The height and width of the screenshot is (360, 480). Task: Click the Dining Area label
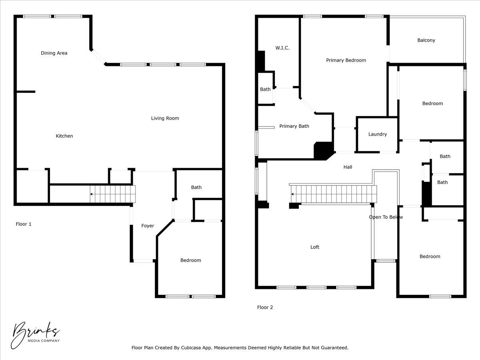point(54,53)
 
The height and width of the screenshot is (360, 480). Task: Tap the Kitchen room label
point(64,136)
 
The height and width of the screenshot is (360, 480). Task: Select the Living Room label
point(165,118)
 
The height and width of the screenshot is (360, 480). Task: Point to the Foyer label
point(148,226)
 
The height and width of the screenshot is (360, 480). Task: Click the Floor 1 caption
point(24,224)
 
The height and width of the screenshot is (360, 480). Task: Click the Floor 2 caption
point(265,308)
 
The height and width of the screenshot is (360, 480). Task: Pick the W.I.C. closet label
point(282,48)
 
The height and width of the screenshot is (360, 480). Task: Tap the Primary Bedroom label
point(346,60)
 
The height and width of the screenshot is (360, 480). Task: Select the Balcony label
point(426,40)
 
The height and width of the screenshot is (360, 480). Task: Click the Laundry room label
point(377,134)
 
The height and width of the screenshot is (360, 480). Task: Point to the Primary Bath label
point(294,126)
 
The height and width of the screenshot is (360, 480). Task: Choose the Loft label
point(315,247)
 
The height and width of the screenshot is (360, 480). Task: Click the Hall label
point(348,167)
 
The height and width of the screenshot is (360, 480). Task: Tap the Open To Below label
point(386,217)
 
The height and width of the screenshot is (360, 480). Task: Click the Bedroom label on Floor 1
point(190,260)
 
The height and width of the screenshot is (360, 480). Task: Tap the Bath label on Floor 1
point(196,187)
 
